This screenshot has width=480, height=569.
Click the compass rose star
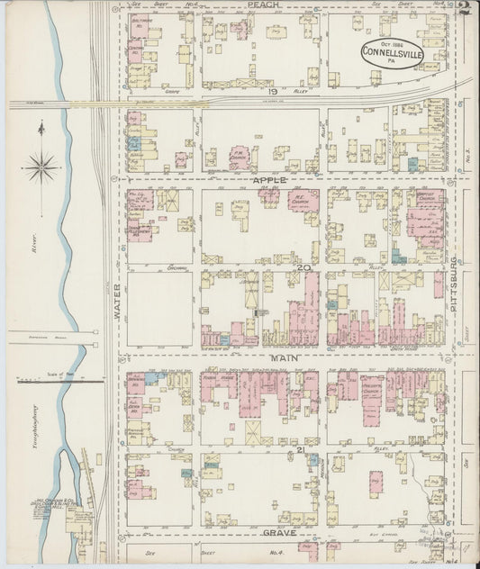point(41,165)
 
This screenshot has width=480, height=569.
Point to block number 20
point(304,267)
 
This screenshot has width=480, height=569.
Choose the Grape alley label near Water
point(172,91)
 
